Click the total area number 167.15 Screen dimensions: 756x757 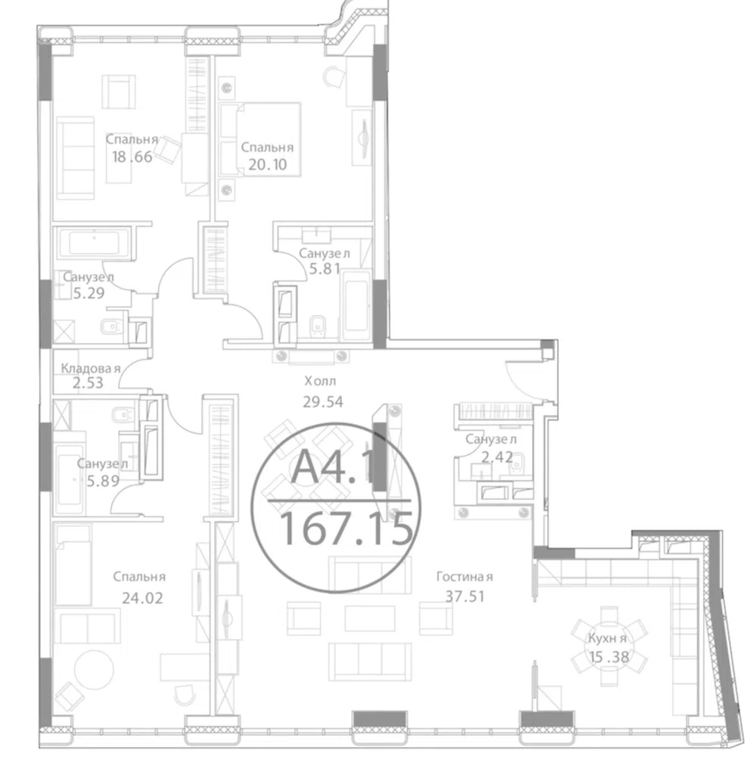click(x=347, y=528)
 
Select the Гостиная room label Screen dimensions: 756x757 click(x=465, y=576)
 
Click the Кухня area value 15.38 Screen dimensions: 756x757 click(x=609, y=656)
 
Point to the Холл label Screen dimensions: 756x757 click(x=320, y=382)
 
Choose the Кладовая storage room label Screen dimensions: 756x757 click(x=90, y=369)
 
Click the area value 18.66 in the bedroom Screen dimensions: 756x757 click(x=132, y=157)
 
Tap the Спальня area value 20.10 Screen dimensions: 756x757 click(x=267, y=164)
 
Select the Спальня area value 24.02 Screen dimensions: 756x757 click(x=142, y=598)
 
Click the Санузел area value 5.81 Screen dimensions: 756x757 click(x=325, y=269)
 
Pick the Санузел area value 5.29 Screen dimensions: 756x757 click(x=89, y=293)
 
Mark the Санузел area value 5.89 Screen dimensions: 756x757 click(x=103, y=481)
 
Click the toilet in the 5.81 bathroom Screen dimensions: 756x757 click(x=317, y=326)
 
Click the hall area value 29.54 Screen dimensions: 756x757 click(x=323, y=402)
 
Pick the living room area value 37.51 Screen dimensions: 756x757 click(x=465, y=597)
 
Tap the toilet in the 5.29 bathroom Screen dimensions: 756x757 click(x=112, y=327)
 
